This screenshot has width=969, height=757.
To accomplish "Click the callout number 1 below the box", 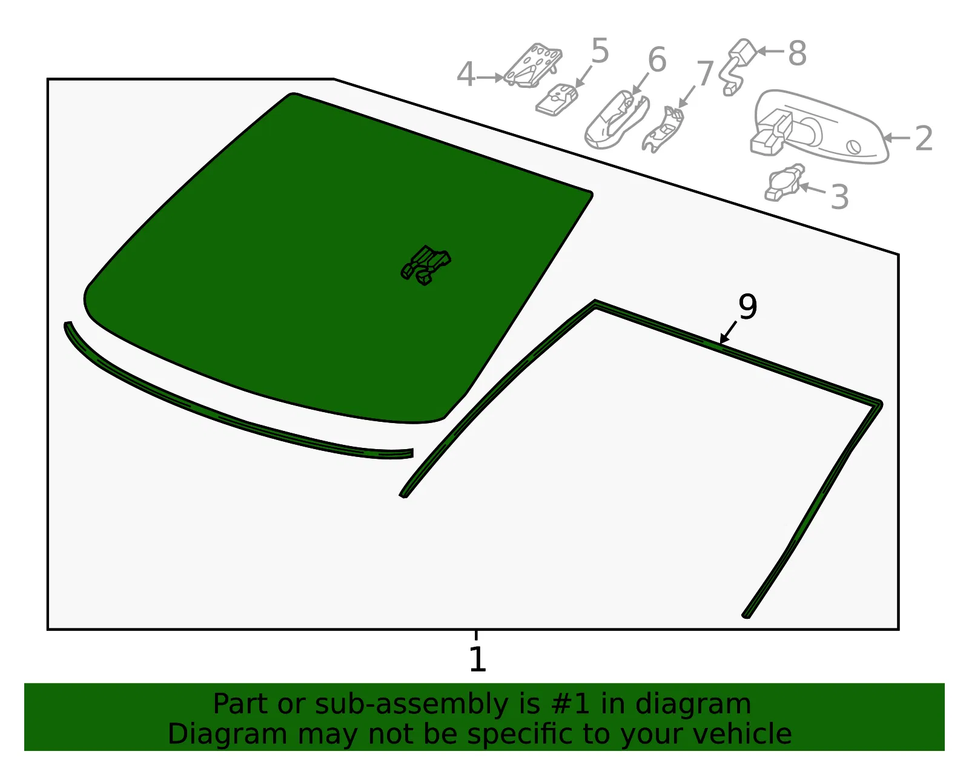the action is coord(478,659).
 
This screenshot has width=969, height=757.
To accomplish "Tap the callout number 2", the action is coord(924,138).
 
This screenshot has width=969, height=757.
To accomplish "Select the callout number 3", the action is coord(839,197).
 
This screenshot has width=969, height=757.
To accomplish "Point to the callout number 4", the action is coord(466,74).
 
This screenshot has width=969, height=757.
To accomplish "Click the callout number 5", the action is coord(600,50).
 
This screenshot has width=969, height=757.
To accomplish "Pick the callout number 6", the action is coord(657,59).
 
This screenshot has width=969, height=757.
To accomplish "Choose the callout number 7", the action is coord(705,73).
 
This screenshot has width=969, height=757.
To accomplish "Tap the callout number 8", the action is coord(798,53).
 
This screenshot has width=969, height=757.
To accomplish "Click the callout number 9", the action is coord(748,307).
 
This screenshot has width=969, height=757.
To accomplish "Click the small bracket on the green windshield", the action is coord(425,265).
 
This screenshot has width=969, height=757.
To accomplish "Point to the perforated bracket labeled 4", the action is coord(532,66).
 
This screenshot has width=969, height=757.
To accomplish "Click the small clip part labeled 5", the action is coord(557,99).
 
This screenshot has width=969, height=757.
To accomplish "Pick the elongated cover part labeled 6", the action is coord(617,119).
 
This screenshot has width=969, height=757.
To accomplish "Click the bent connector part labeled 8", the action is coord(738,67).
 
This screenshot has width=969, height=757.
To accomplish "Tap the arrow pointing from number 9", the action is coord(728,332).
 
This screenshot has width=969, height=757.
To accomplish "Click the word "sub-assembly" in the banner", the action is coord(411,704).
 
